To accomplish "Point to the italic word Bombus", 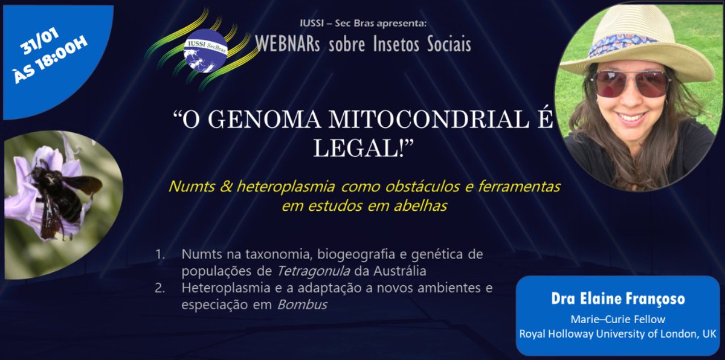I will [301, 304].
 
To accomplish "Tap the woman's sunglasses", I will [631, 83].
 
